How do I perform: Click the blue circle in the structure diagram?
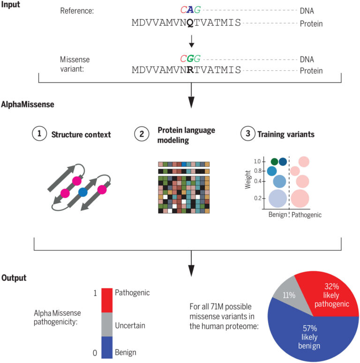click(x=83, y=191)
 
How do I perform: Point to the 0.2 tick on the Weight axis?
click(x=257, y=199)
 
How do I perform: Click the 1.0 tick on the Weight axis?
click(x=257, y=162)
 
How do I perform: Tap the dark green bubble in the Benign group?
click(x=274, y=162)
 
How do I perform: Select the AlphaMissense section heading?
click(x=27, y=104)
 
